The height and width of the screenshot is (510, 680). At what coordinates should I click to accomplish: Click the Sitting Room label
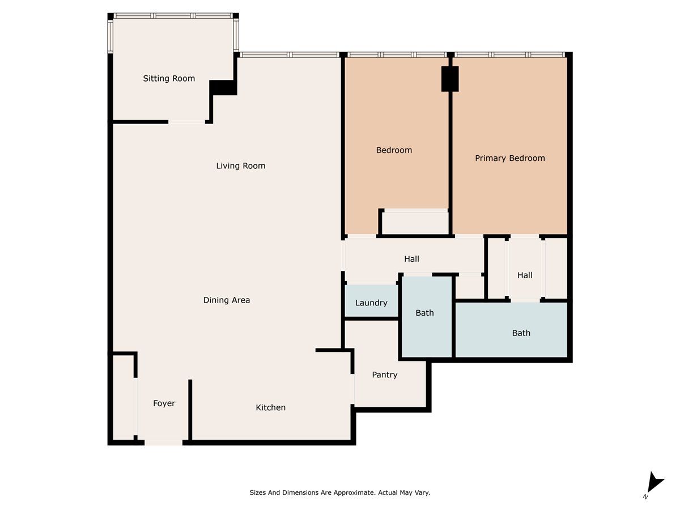[x=169, y=78]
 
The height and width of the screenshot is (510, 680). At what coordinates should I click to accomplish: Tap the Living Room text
[x=241, y=165]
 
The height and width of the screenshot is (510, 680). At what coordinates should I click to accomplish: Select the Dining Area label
[x=227, y=300]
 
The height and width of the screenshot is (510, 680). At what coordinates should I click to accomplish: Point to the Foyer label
[x=164, y=403]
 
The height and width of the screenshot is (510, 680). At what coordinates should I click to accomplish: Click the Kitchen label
[x=270, y=407]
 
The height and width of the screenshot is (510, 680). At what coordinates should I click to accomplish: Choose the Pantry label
[x=384, y=375]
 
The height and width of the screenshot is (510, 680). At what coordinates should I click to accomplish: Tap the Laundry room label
[x=371, y=303]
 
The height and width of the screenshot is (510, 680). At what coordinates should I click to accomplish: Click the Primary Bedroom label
[x=510, y=158]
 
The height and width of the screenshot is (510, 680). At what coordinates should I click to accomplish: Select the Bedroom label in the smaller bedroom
[x=394, y=150]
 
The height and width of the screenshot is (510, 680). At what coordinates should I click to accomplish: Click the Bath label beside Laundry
[x=424, y=313]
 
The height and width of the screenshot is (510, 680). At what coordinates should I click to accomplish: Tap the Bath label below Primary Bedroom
[x=521, y=333]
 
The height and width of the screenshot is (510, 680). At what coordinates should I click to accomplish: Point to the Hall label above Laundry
[x=411, y=259]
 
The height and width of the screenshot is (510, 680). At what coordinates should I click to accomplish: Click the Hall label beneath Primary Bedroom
[x=525, y=275]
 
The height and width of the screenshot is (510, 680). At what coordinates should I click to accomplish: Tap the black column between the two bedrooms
[x=450, y=79]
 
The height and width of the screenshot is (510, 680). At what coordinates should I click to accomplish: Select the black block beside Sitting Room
[x=223, y=88]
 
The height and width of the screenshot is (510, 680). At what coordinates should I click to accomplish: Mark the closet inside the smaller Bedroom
[x=415, y=222]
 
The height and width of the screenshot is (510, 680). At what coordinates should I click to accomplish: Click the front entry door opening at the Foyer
[x=164, y=443]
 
